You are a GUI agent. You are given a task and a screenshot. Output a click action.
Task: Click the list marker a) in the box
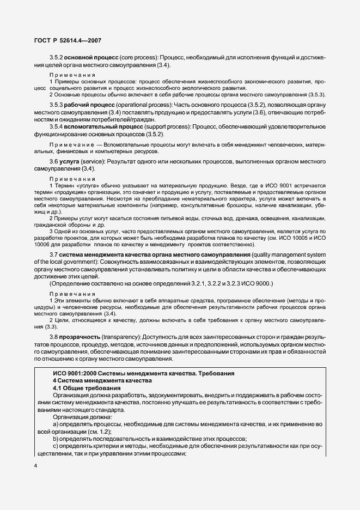click(56, 423)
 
